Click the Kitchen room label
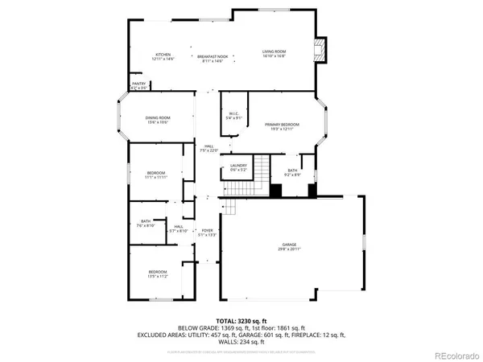(x=163, y=56)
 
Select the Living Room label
(x=274, y=55)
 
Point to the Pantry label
(x=138, y=86)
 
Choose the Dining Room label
(x=158, y=121)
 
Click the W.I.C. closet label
(x=233, y=116)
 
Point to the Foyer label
(x=207, y=232)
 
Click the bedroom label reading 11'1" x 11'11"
(x=156, y=175)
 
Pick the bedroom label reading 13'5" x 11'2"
(x=157, y=274)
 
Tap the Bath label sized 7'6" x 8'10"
(x=146, y=223)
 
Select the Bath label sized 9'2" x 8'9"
(x=294, y=172)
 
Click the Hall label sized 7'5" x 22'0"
(x=209, y=148)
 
